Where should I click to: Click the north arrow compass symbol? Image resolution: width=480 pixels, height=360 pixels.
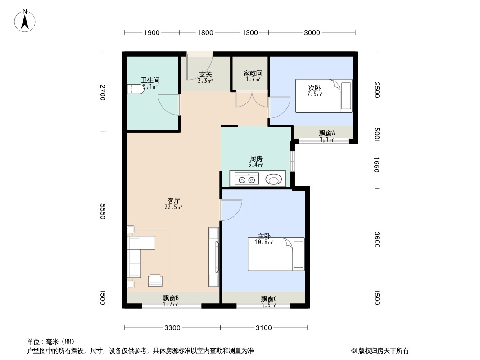click(x=25, y=21)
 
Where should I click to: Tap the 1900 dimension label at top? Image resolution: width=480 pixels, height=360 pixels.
click(x=152, y=33)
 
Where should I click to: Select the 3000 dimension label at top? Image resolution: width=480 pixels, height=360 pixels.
click(x=312, y=33)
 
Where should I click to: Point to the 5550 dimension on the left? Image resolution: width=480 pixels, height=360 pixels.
click(x=102, y=211)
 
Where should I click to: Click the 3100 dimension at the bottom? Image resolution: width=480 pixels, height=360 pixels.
click(x=264, y=328)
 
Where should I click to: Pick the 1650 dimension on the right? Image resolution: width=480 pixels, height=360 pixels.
click(x=376, y=165)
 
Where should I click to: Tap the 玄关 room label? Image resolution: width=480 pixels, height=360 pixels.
click(x=205, y=74)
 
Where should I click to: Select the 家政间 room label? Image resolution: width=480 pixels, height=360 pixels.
click(x=253, y=73)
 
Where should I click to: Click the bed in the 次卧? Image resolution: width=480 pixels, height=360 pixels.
click(x=324, y=96)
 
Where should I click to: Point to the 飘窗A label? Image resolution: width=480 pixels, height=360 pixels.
click(x=327, y=133)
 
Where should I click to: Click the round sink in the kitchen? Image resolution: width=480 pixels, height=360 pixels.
click(x=274, y=179)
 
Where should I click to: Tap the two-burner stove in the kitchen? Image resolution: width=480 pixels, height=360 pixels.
click(x=247, y=179)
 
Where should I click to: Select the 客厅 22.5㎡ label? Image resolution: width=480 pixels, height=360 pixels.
click(x=173, y=204)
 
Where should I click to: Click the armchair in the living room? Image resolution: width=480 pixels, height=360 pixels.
click(x=155, y=280)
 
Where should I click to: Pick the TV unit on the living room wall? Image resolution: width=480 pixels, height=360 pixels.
click(x=214, y=257)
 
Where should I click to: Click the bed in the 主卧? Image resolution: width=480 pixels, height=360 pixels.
click(x=276, y=254)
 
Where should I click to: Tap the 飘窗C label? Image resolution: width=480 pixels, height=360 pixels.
click(x=269, y=298)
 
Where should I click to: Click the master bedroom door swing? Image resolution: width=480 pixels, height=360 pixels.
click(x=231, y=210)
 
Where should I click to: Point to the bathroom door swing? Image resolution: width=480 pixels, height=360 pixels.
click(x=168, y=104)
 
